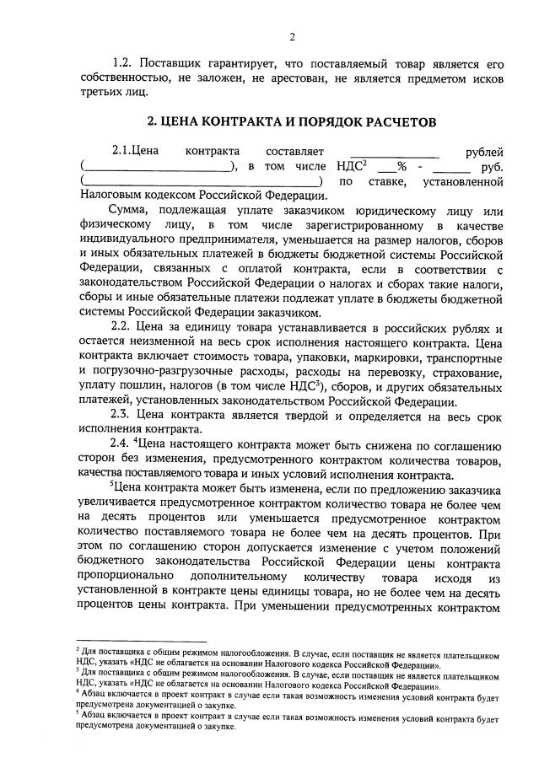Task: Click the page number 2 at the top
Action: coord(291,36)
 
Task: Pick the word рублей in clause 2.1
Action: coord(484,152)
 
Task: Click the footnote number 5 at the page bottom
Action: coord(78,712)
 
